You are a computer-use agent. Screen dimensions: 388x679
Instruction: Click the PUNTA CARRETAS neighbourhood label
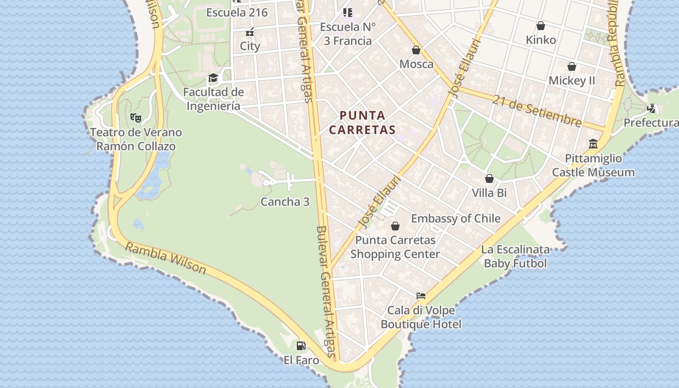pyautogui.click(x=368, y=123)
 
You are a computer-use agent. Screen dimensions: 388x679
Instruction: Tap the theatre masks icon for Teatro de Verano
pyautogui.click(x=136, y=117)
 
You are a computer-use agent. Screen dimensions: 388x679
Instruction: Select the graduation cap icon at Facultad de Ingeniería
pyautogui.click(x=213, y=78)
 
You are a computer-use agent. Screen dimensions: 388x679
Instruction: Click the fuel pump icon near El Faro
pyautogui.click(x=301, y=345)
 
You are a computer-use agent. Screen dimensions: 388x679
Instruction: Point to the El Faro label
pyautogui.click(x=301, y=360)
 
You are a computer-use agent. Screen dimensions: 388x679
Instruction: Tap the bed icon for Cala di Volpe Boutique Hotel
pyautogui.click(x=420, y=295)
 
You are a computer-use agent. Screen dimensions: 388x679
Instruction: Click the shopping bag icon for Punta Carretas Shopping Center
pyautogui.click(x=395, y=226)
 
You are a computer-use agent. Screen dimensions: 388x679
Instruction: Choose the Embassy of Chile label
pyautogui.click(x=455, y=219)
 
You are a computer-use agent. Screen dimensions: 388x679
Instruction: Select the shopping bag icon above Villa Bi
pyautogui.click(x=489, y=178)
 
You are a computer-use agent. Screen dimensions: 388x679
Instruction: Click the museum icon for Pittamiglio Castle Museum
pyautogui.click(x=593, y=144)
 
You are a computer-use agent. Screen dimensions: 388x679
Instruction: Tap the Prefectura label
pyautogui.click(x=651, y=123)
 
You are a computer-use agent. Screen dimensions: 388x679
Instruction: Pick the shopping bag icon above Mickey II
pyautogui.click(x=572, y=66)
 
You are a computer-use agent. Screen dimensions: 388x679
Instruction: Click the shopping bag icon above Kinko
pyautogui.click(x=541, y=26)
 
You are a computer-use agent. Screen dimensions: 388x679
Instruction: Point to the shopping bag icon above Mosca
pyautogui.click(x=416, y=49)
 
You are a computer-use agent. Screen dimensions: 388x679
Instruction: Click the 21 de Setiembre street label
pyautogui.click(x=537, y=111)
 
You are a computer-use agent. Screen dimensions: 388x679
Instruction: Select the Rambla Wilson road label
pyautogui.click(x=165, y=258)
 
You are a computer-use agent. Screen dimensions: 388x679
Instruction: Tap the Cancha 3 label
pyautogui.click(x=285, y=202)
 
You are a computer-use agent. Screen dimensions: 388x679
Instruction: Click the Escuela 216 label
pyautogui.click(x=237, y=13)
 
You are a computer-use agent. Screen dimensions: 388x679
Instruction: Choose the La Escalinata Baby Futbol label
pyautogui.click(x=515, y=257)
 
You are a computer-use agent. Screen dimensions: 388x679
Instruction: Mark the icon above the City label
pyautogui.click(x=250, y=32)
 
